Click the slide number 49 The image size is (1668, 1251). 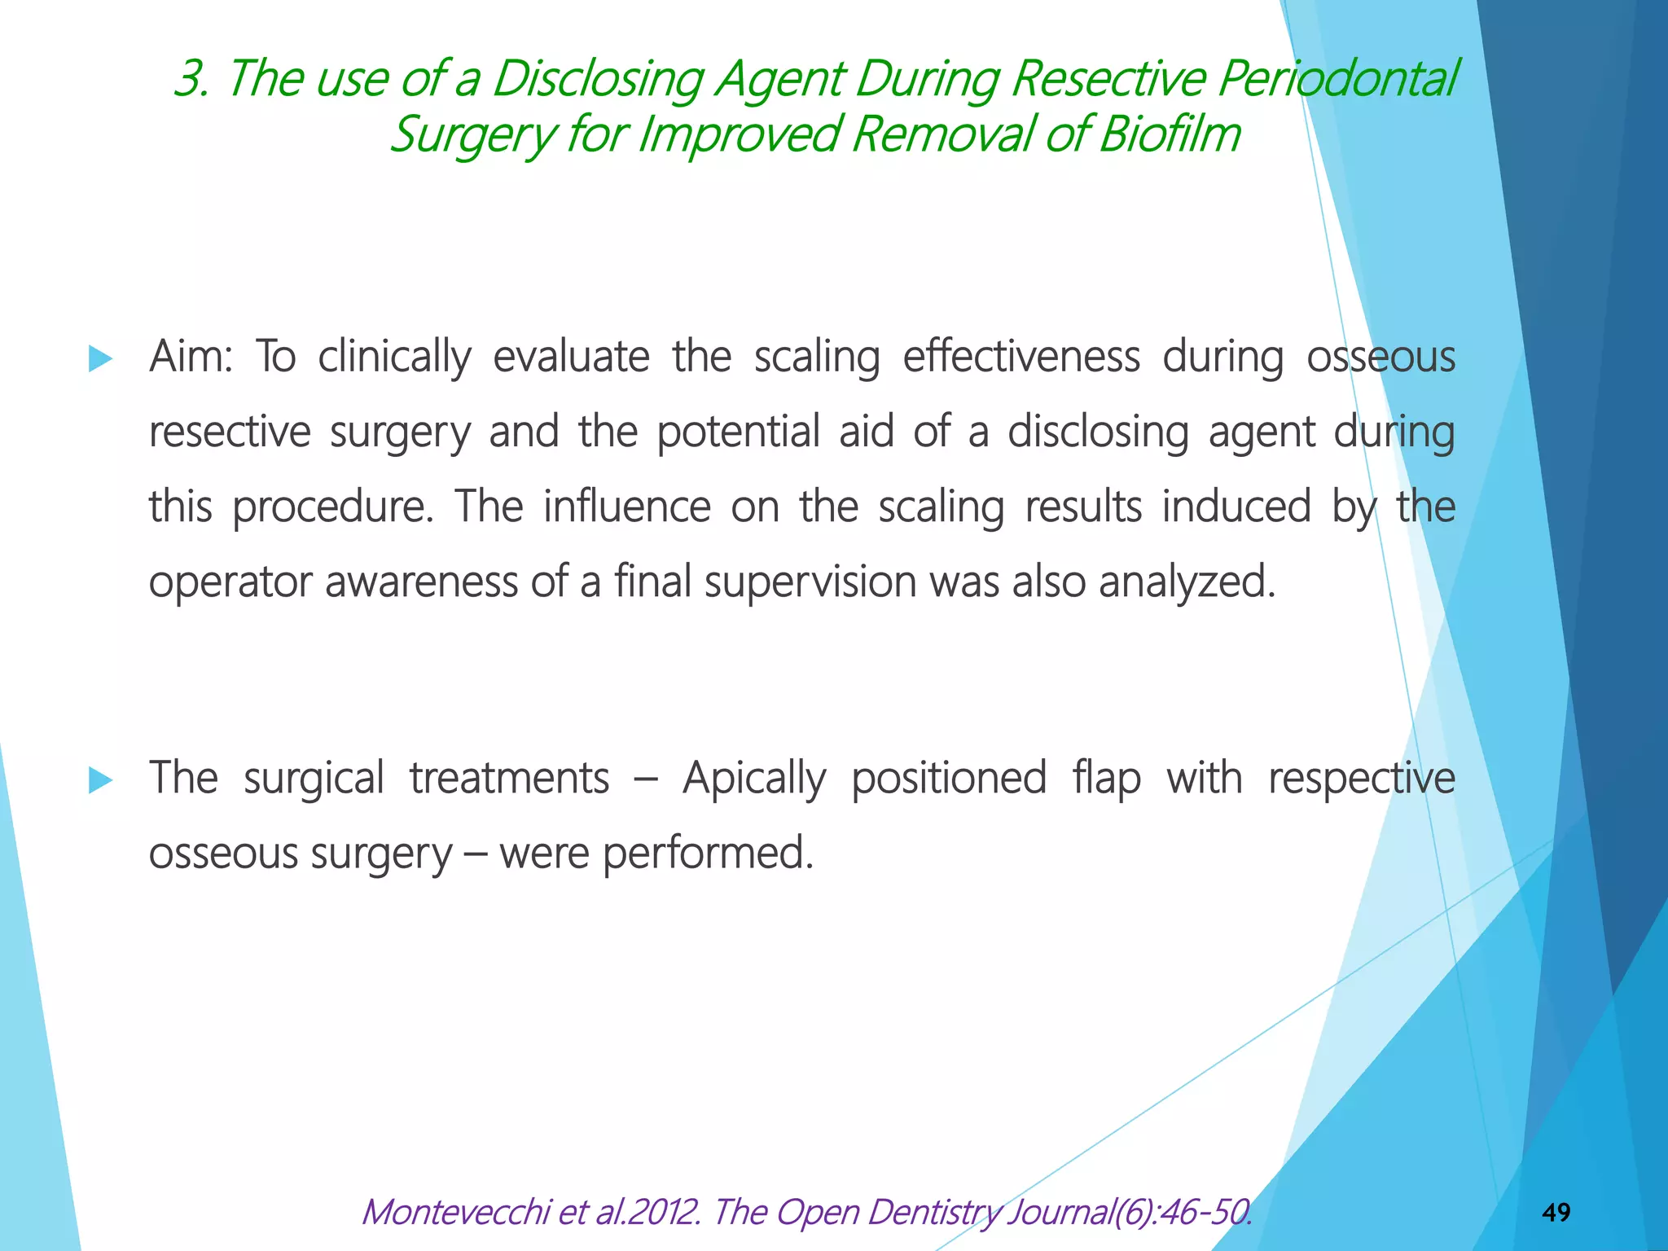pos(1556,1213)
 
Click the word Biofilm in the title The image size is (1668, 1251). pos(1170,134)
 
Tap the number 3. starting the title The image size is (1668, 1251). pos(192,79)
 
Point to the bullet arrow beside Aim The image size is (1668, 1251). pos(99,358)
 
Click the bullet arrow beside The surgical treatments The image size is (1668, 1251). pos(99,780)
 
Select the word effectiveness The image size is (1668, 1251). pos(1021,357)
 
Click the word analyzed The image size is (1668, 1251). pos(1187,582)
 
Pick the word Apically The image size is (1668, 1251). pos(754,779)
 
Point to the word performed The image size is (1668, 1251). pos(708,854)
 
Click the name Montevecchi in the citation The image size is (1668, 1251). pos(457,1212)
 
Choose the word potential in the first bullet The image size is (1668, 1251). pos(738,432)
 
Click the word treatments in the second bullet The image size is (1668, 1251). pos(509,779)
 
